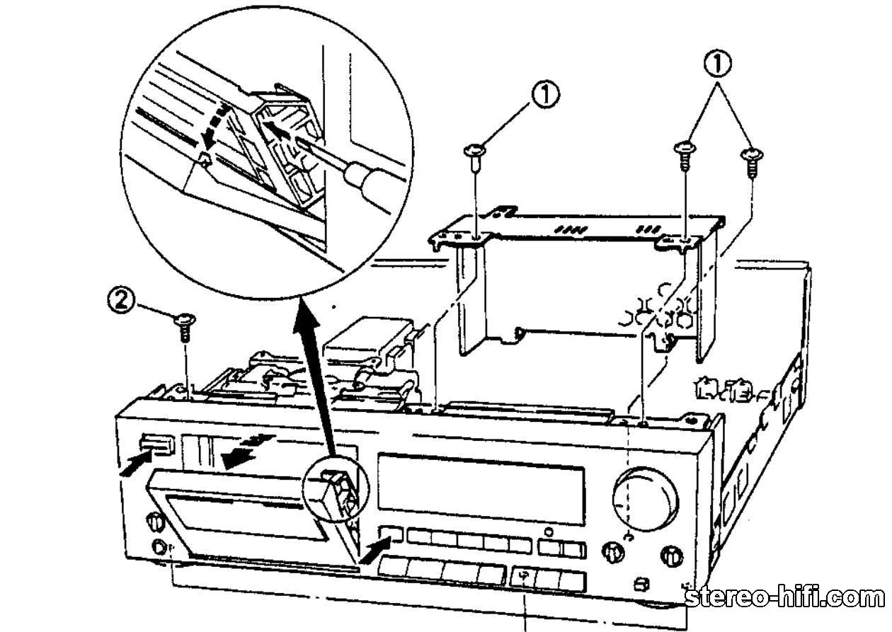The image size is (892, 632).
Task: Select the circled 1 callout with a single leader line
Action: [x=545, y=95]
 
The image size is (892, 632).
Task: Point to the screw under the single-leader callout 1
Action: [x=474, y=158]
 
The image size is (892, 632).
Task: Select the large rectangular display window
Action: [x=481, y=488]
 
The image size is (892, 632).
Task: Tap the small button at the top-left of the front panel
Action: [x=157, y=444]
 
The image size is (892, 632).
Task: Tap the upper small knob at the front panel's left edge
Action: [x=155, y=521]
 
